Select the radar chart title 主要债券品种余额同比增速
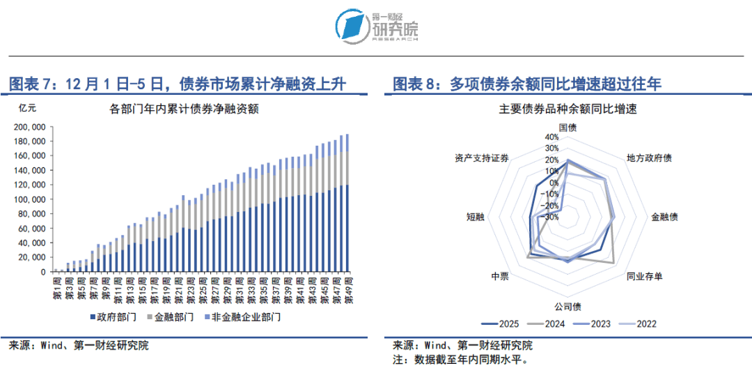568,109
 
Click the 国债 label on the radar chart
568,128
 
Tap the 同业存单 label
644,277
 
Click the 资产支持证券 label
481,158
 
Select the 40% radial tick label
551,137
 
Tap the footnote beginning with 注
460,360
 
